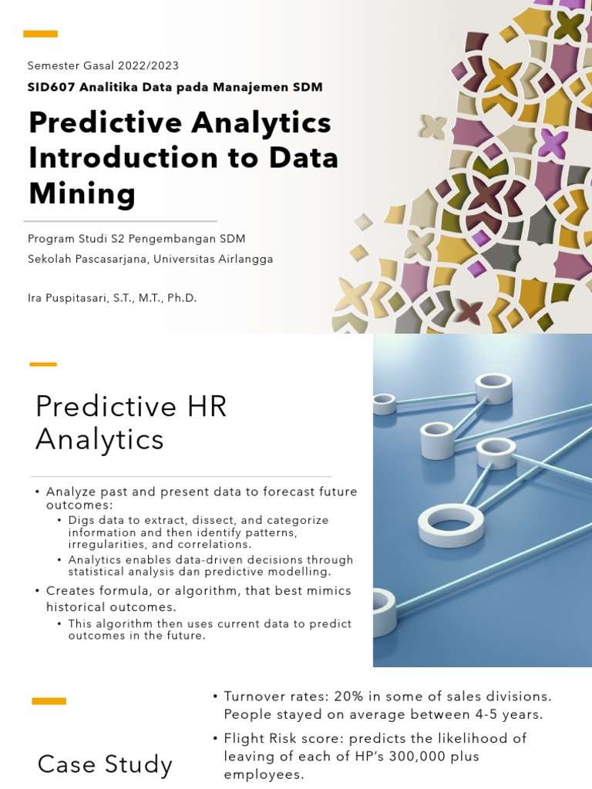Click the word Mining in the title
click(x=82, y=193)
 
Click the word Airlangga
click(x=246, y=259)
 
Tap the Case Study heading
click(x=105, y=764)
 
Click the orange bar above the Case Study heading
click(x=49, y=701)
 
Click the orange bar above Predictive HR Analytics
click(x=43, y=364)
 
